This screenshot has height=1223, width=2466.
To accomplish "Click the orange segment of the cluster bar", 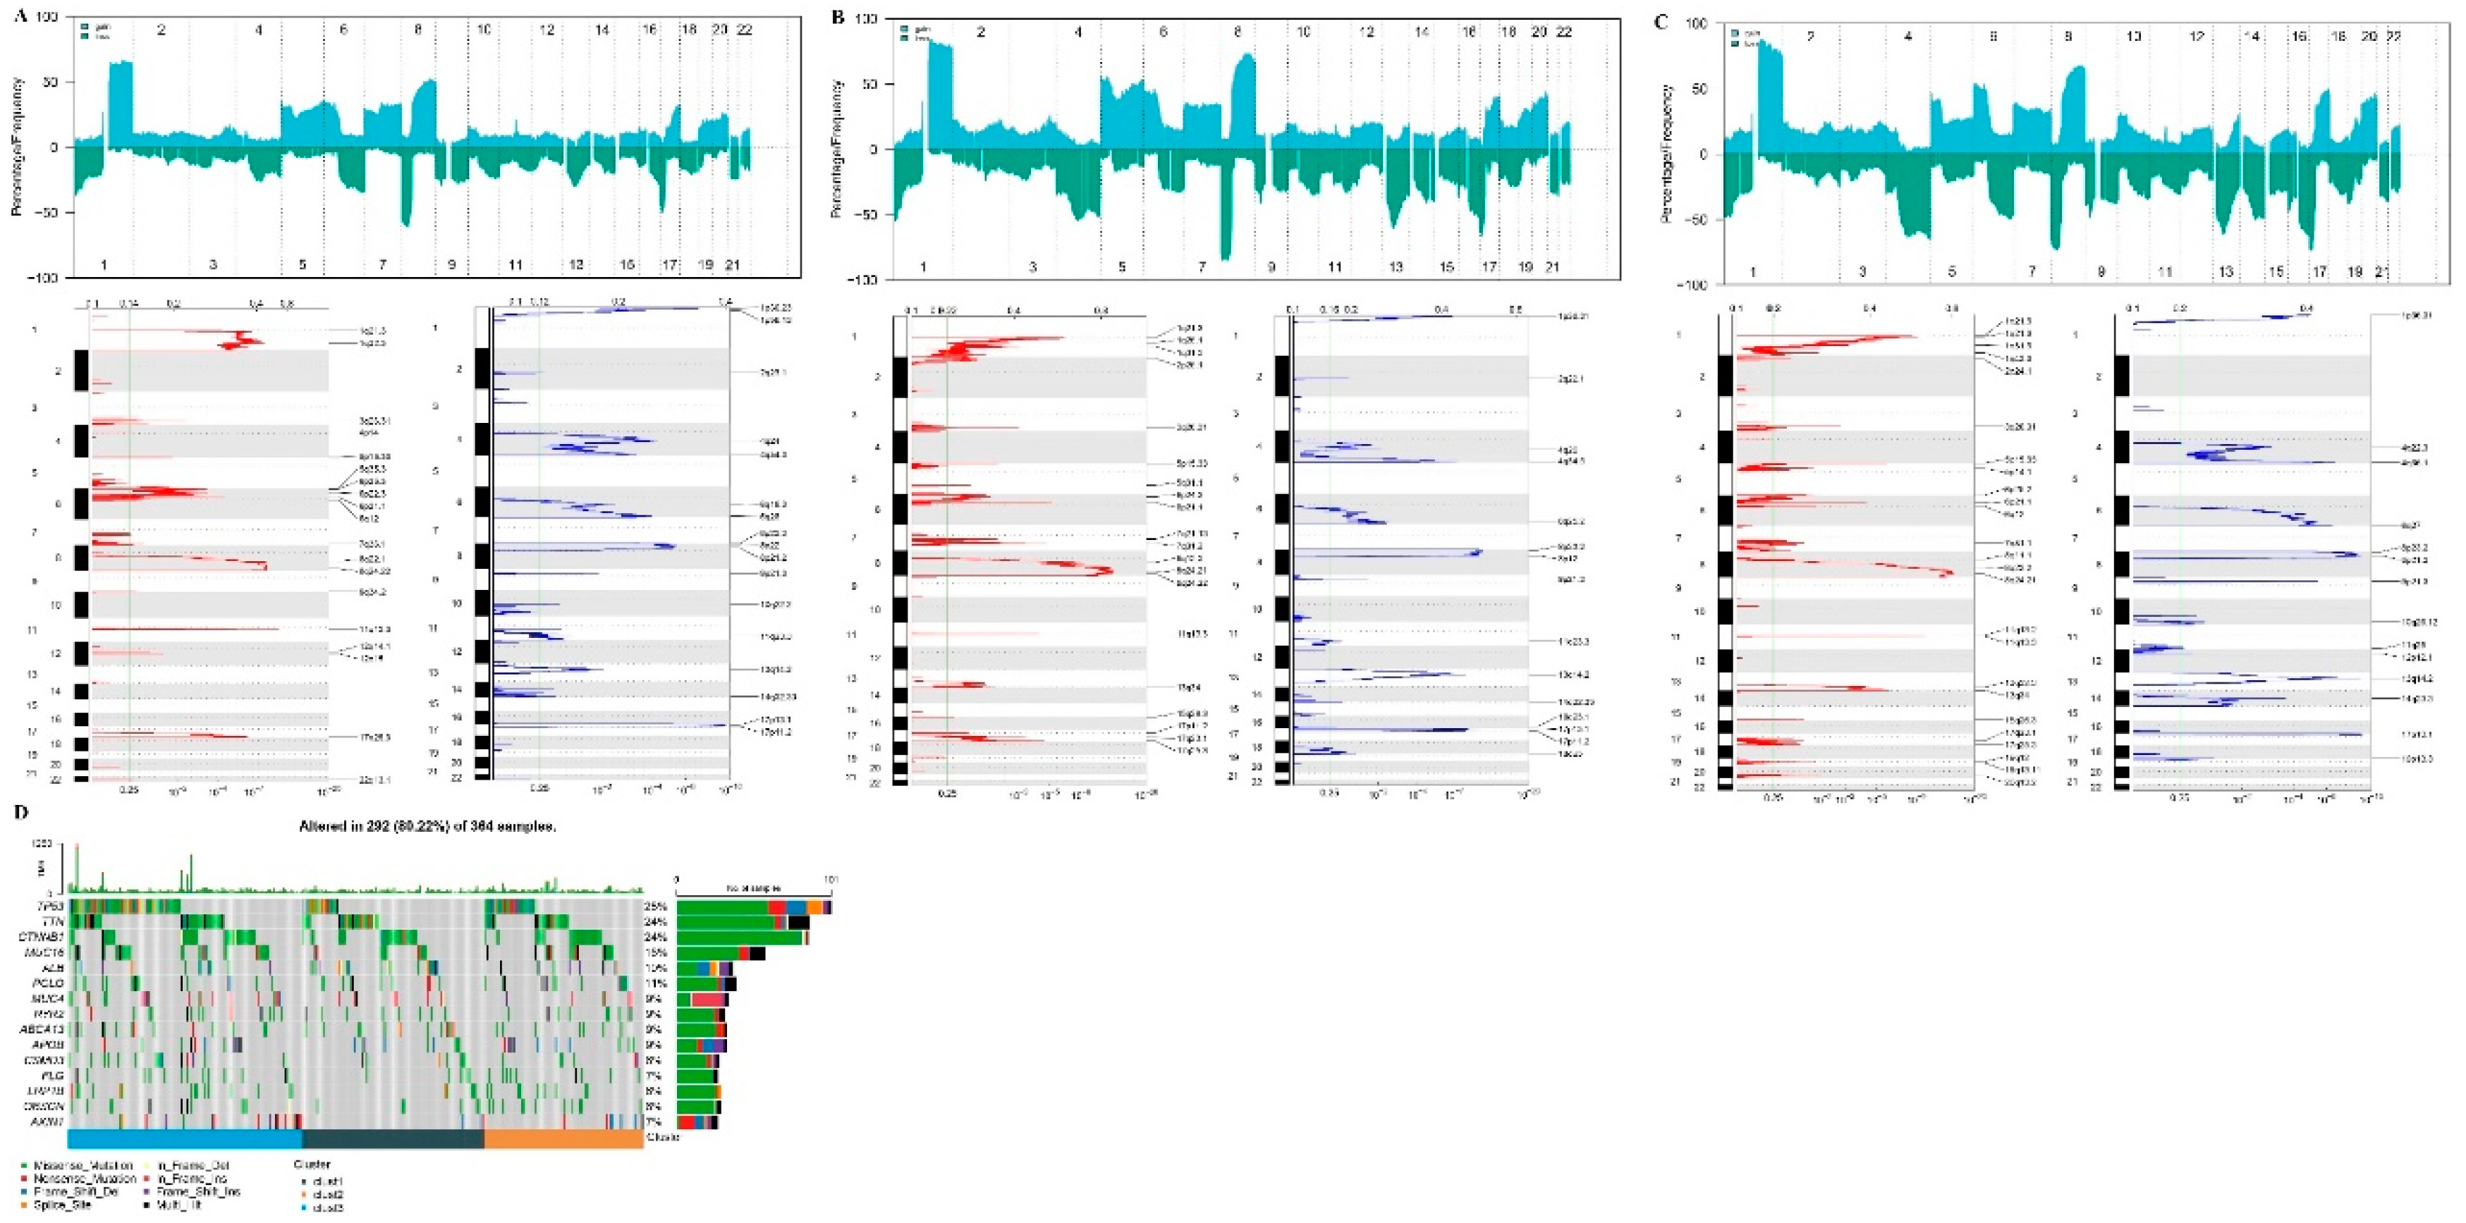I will point(563,1139).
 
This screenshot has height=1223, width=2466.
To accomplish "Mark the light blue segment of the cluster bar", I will point(184,1139).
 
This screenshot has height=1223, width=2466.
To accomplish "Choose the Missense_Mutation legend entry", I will point(81,1167).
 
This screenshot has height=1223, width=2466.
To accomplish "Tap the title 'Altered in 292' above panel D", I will point(427,827).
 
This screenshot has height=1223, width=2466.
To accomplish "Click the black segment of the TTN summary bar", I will point(798,921).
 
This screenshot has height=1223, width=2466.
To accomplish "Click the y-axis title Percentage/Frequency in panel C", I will point(1666,153).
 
